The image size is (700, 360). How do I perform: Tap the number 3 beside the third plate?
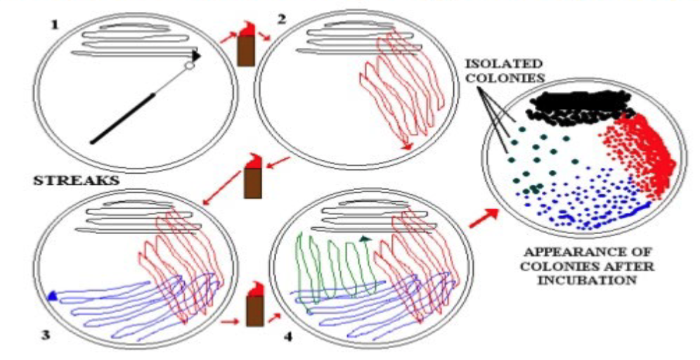click(46, 335)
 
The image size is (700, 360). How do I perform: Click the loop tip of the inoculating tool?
click(188, 66)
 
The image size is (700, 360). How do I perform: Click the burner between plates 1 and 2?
click(245, 45)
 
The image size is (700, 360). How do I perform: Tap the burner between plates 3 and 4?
click(254, 309)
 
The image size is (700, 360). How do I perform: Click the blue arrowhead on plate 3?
click(52, 297)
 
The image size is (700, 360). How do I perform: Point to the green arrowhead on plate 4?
click(365, 239)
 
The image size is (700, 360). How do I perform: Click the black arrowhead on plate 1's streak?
click(197, 56)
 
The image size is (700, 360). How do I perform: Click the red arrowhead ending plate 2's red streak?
click(406, 146)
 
